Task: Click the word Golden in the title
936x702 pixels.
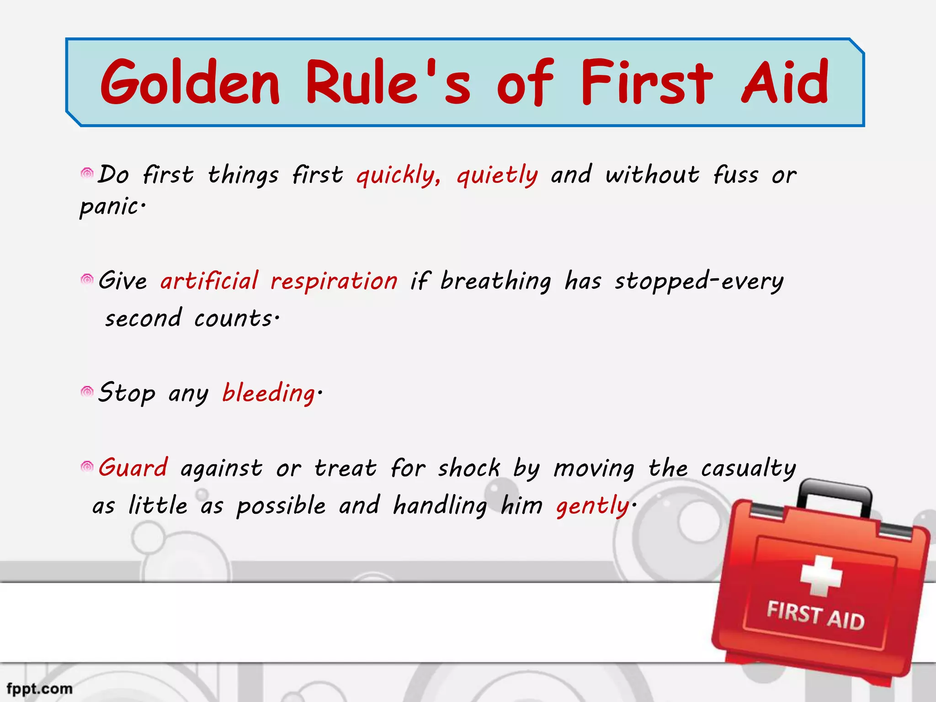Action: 190,82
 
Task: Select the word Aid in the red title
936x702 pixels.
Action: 784,82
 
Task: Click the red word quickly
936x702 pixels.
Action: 398,175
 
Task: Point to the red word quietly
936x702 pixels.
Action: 497,175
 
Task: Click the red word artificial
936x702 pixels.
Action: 209,281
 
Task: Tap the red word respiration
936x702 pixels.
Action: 334,281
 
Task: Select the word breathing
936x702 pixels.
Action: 495,282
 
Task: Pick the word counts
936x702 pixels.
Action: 235,318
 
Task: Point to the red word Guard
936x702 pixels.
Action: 133,468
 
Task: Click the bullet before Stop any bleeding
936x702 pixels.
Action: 87,392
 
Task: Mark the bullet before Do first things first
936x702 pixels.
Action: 87,173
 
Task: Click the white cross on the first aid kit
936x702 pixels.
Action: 821,576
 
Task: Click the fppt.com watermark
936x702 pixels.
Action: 40,688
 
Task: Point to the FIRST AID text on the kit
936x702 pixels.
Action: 815,616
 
